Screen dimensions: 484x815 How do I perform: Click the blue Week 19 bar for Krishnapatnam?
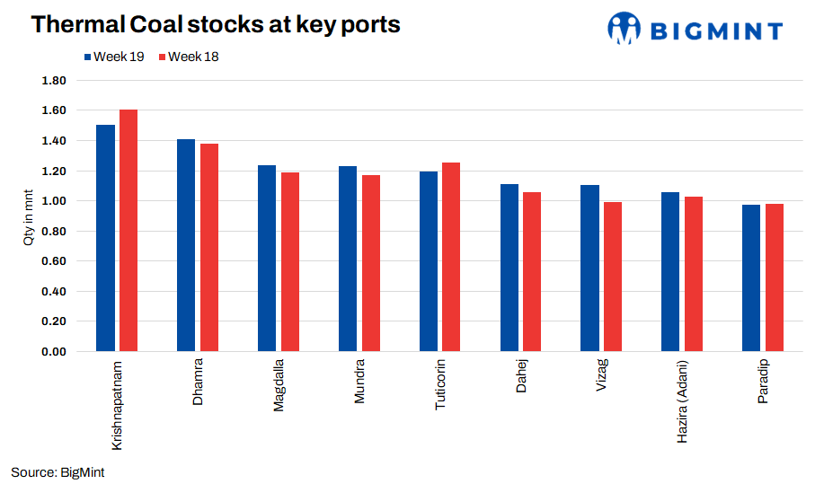coord(105,238)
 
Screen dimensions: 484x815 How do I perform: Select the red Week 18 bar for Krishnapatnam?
coord(128,230)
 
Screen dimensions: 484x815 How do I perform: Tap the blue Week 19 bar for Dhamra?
coord(186,245)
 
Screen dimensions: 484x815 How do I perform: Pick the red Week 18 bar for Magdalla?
coord(290,261)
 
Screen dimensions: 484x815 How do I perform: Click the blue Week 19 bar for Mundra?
coord(348,259)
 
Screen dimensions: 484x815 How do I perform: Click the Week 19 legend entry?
coord(113,57)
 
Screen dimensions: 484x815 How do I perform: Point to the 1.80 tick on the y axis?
coord(54,81)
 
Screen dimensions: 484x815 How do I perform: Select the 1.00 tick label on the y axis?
coord(54,201)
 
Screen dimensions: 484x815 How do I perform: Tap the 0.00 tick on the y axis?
coord(54,351)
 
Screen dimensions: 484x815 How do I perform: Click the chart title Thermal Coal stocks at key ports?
coord(216,24)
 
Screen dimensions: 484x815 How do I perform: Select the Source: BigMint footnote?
coord(58,471)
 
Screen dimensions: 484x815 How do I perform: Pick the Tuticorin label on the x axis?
coord(440,386)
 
